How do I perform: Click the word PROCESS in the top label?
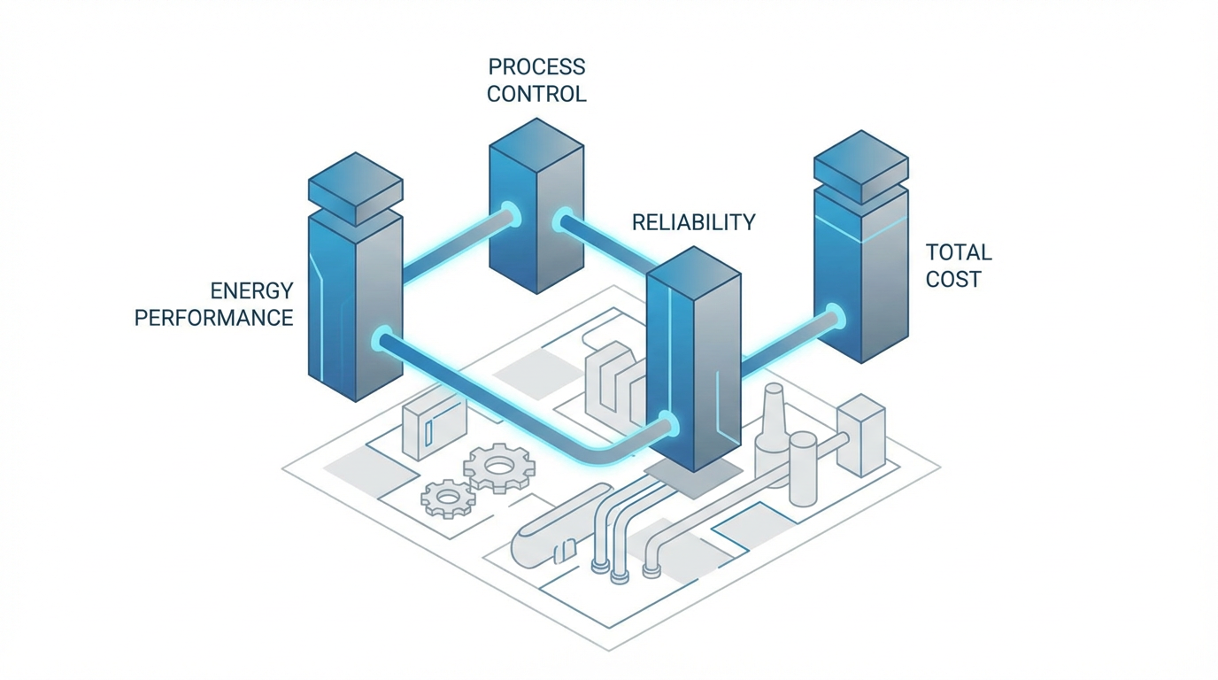pos(536,66)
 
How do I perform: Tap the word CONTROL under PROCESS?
pos(536,93)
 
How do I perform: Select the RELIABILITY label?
pos(694,221)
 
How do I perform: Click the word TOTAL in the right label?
pos(959,252)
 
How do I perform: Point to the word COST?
pos(953,279)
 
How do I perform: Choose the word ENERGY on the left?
pos(251,290)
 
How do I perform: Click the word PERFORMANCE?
pos(213,317)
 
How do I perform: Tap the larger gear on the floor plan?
pos(498,467)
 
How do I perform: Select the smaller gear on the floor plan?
pos(448,498)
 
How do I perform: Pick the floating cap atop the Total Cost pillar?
pos(860,166)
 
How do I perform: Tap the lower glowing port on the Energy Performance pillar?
pos(382,339)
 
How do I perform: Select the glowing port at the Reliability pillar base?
pos(667,423)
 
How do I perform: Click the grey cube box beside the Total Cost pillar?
pos(860,434)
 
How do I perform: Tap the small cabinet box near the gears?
pos(432,428)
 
